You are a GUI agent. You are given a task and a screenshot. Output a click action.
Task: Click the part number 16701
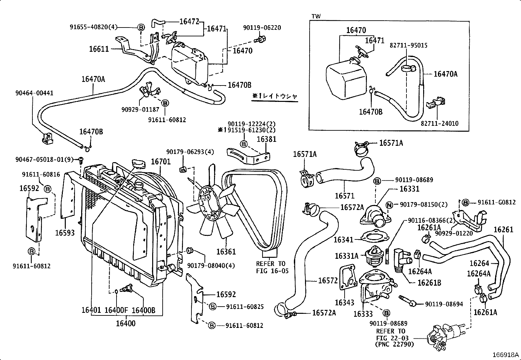coord(161,161)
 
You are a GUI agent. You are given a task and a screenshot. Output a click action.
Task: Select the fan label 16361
coord(226,252)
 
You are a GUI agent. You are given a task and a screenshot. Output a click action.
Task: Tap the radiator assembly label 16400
coord(125,323)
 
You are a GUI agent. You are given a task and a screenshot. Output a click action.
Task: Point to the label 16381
coord(266,139)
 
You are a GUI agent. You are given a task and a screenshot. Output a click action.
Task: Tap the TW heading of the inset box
coord(316,16)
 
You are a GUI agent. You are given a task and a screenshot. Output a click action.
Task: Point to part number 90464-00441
coord(34,93)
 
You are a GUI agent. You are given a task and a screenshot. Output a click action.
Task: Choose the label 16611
coord(99,49)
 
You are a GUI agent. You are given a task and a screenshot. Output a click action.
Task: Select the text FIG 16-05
coord(271,271)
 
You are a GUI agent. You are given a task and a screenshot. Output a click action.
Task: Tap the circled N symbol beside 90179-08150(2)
coord(389,205)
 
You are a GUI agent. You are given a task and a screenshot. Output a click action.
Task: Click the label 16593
coord(65,233)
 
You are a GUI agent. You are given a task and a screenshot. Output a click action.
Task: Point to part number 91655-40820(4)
coord(93,27)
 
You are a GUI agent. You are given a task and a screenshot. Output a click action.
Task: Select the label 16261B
coord(429,282)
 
